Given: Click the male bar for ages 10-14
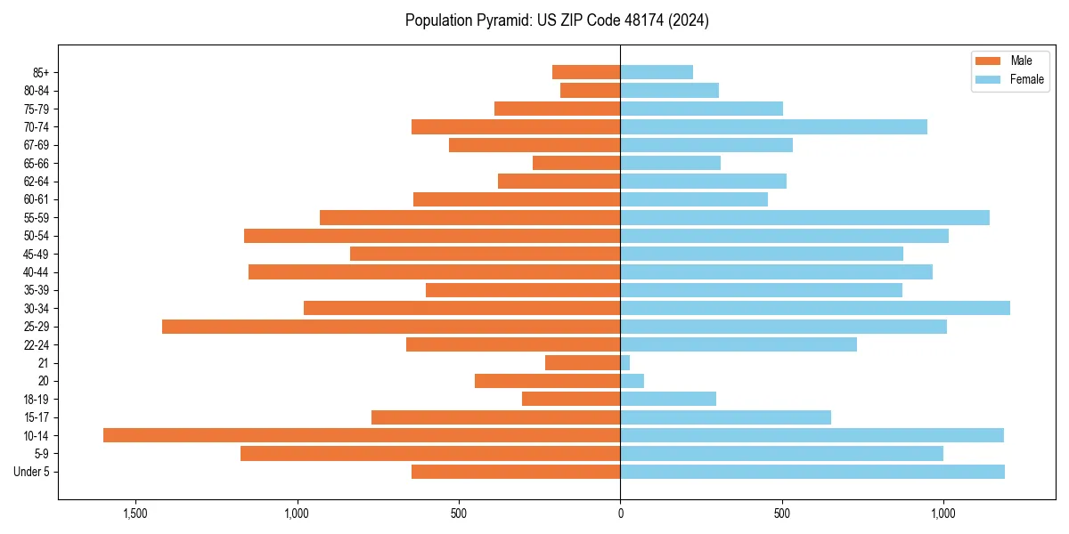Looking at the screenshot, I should (x=362, y=435).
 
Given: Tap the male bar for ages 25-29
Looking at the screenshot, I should (x=391, y=327).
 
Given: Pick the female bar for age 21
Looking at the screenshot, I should (x=625, y=363).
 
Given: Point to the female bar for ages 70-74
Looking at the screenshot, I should (x=773, y=127).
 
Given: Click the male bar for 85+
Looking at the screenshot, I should (x=586, y=72).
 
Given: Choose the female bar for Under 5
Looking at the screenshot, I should (x=812, y=472).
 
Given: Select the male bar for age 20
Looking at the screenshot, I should (x=547, y=381).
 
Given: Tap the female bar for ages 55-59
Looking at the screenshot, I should (x=804, y=218).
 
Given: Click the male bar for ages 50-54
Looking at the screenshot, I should (x=432, y=236).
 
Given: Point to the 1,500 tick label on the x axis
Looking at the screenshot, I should (x=135, y=514).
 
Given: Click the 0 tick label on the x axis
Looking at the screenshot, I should (x=620, y=514).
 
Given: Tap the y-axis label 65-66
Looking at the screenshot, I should (x=37, y=164).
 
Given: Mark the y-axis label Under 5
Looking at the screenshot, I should (x=32, y=472).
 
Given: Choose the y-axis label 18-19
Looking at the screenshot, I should (x=37, y=400).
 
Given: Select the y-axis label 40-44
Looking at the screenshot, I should (x=37, y=272).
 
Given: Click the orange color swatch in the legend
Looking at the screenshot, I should (x=988, y=61).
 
